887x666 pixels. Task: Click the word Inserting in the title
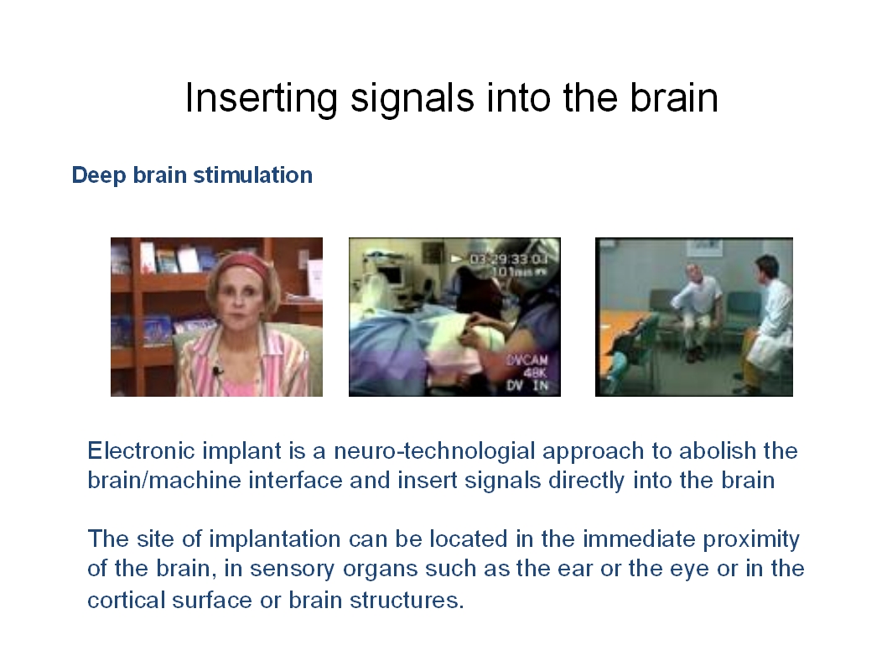tap(261, 98)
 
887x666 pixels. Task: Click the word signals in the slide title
tap(412, 98)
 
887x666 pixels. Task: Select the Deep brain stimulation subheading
tap(192, 175)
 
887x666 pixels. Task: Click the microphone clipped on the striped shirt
tap(216, 372)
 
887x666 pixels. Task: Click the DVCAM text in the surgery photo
tap(527, 361)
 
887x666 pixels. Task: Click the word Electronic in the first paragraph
tap(142, 451)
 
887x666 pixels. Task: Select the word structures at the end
tap(407, 600)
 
